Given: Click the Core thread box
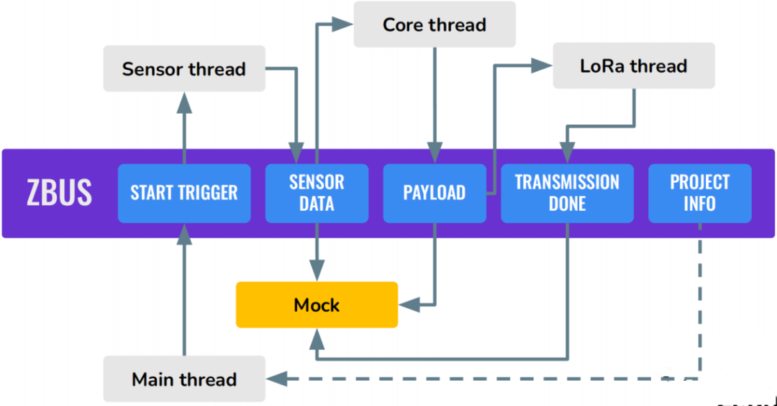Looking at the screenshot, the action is pyautogui.click(x=435, y=24).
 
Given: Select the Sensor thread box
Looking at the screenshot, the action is pyautogui.click(x=184, y=68).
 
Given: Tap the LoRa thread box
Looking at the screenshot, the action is pyautogui.click(x=634, y=66).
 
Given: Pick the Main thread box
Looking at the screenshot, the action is pyautogui.click(x=184, y=379).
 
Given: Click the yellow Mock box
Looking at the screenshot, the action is pyautogui.click(x=317, y=305).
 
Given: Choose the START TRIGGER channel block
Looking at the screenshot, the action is pyautogui.click(x=184, y=193).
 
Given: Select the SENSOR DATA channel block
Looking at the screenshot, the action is pyautogui.click(x=317, y=193).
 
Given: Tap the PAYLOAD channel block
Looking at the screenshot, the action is pyautogui.click(x=435, y=193).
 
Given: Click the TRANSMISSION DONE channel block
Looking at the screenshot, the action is pyautogui.click(x=568, y=193).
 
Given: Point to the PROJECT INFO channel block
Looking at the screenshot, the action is pyautogui.click(x=700, y=193).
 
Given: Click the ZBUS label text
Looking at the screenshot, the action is pyautogui.click(x=59, y=193).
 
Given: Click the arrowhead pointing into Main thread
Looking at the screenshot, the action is pyautogui.click(x=277, y=379).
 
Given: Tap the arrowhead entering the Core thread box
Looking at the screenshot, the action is pyautogui.click(x=342, y=24).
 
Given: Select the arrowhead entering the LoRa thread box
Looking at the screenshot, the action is pyautogui.click(x=542, y=66).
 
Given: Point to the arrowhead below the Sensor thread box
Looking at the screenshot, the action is pyautogui.click(x=184, y=103).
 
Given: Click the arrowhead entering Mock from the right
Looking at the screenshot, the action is pyautogui.click(x=409, y=305).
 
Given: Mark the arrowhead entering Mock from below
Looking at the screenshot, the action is pyautogui.click(x=317, y=339).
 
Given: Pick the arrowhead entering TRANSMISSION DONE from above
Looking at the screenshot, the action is pyautogui.click(x=568, y=153).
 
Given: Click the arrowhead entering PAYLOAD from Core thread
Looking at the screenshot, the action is pyautogui.click(x=435, y=153).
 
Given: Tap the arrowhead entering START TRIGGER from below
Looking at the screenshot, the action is pyautogui.click(x=184, y=234).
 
